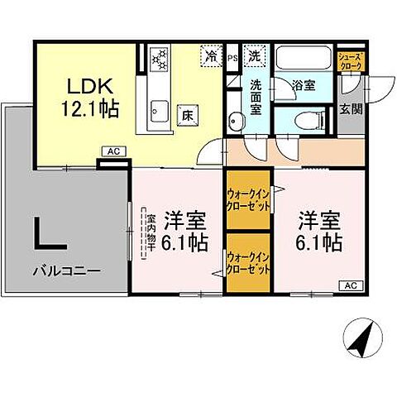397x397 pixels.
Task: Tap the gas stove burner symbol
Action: coord(159,60)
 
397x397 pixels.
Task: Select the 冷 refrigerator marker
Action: coord(212,58)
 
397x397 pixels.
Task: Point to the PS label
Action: coord(232,58)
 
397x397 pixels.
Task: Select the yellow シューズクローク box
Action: coord(350,61)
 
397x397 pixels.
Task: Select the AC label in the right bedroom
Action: coord(350,285)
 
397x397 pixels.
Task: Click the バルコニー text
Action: coord(67,270)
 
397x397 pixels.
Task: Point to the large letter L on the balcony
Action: coord(49,232)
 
